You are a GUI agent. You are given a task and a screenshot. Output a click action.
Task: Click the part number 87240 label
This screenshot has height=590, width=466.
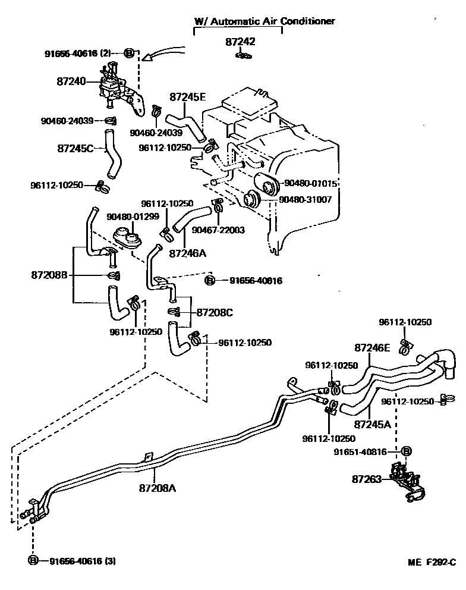[70, 81]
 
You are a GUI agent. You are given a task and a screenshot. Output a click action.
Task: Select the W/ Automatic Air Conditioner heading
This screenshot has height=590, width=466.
[265, 21]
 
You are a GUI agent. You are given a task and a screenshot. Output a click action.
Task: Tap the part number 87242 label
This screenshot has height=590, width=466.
[241, 42]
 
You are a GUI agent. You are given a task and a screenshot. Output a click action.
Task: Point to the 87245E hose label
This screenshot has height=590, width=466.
[188, 96]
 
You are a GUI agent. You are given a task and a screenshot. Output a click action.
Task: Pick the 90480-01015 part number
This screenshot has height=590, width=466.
[311, 184]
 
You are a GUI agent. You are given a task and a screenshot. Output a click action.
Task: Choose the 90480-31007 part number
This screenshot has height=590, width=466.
[306, 200]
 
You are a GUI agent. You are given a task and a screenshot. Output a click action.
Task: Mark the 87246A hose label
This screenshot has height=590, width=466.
[188, 253]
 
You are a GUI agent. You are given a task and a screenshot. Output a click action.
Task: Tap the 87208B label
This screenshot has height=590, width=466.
[49, 275]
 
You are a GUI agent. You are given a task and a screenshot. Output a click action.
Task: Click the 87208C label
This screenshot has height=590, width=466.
[215, 312]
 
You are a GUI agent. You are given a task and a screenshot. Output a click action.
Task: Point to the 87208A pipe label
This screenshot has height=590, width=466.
[158, 488]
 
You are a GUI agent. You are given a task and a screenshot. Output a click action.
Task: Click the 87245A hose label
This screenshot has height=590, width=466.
[372, 424]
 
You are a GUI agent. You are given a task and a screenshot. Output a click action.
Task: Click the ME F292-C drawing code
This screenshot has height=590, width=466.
[431, 563]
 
